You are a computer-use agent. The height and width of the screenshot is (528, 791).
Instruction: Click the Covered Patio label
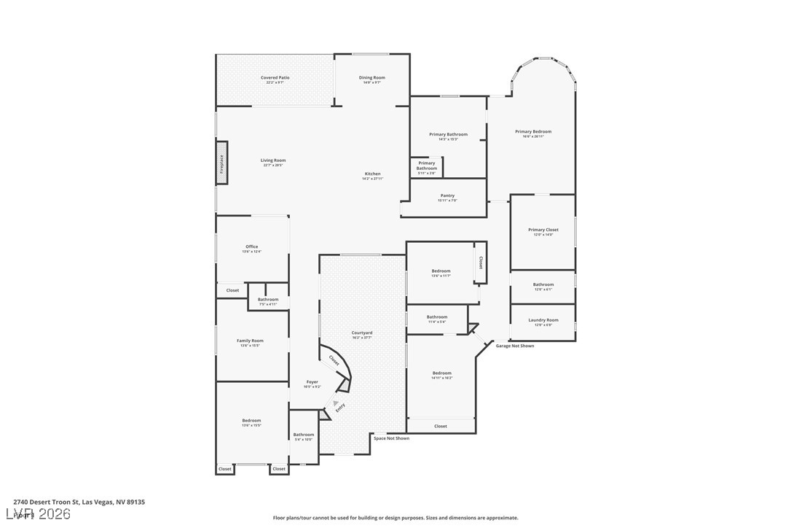275,77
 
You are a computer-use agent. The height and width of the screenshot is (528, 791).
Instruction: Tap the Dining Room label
371,77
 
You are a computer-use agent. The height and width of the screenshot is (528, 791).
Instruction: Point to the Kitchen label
372,174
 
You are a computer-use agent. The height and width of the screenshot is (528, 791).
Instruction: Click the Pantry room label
447,195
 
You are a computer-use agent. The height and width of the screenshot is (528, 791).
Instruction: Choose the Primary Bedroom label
533,132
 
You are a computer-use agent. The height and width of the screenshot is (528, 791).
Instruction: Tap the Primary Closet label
543,230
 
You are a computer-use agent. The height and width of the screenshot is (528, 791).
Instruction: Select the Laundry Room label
543,320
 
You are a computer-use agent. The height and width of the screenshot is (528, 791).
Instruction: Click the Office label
251,246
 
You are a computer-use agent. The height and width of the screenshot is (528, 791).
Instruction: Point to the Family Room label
250,341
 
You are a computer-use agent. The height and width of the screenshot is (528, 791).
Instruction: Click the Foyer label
312,381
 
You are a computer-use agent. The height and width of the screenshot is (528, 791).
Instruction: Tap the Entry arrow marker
336,403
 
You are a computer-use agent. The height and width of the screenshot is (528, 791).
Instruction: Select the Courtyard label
362,333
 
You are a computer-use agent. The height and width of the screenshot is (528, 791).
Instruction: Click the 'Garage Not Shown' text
514,346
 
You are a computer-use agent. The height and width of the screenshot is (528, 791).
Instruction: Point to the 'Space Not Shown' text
391,438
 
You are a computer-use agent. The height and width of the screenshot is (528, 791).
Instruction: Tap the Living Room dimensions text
273,166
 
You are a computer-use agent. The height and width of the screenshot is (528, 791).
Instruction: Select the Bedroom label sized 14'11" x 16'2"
441,373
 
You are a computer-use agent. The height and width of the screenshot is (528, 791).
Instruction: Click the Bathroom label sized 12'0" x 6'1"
543,284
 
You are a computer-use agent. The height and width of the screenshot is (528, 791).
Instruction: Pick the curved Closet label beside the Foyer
334,360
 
